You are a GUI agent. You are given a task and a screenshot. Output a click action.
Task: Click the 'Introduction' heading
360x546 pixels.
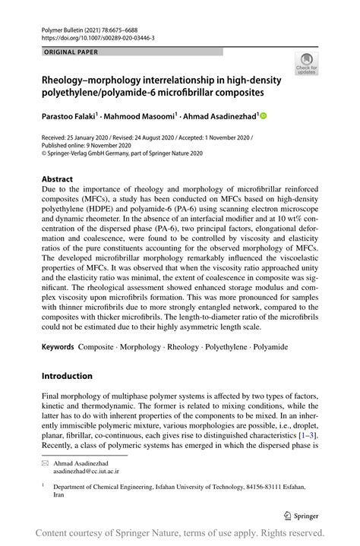click(67, 376)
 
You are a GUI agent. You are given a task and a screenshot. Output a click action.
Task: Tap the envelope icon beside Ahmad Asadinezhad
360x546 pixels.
click(46, 462)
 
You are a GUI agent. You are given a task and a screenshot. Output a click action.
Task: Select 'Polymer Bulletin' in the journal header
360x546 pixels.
click(60, 27)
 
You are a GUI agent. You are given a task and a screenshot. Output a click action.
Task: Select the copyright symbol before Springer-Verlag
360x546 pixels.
click(44, 153)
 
